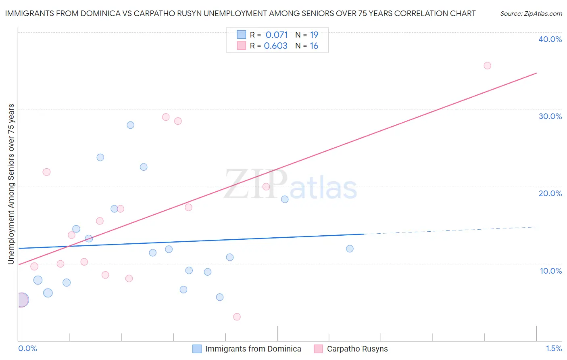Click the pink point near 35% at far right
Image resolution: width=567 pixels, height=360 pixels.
pos(487,65)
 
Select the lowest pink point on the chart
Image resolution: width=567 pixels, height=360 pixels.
pos(237,317)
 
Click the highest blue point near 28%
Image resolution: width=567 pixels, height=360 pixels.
pos(130,125)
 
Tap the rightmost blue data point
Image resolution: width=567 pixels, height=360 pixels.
pos(350,249)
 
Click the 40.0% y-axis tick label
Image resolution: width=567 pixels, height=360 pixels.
pos(550,39)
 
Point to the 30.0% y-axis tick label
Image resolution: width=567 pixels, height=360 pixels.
pos(550,116)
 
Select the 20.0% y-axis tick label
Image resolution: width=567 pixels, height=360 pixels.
pos(550,193)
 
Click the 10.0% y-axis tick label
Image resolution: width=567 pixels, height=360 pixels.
pos(551,271)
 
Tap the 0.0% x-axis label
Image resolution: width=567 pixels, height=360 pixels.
pos(27,348)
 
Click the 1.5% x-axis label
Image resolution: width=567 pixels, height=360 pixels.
pos(554,348)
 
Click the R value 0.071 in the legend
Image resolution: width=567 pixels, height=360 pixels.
pos(277,35)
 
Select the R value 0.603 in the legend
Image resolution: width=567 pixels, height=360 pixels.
pos(276,46)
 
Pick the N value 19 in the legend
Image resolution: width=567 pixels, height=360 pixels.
pos(314,35)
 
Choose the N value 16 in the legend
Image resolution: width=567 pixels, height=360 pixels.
pos(314,46)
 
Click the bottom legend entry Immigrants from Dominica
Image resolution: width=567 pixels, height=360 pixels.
pos(253,349)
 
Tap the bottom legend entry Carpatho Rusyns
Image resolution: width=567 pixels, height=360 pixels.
pos(357,349)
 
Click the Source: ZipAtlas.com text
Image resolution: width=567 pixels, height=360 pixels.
pos(531,13)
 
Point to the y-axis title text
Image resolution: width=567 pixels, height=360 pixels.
pos(11,184)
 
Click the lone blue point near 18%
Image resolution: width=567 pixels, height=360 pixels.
pos(285,199)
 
